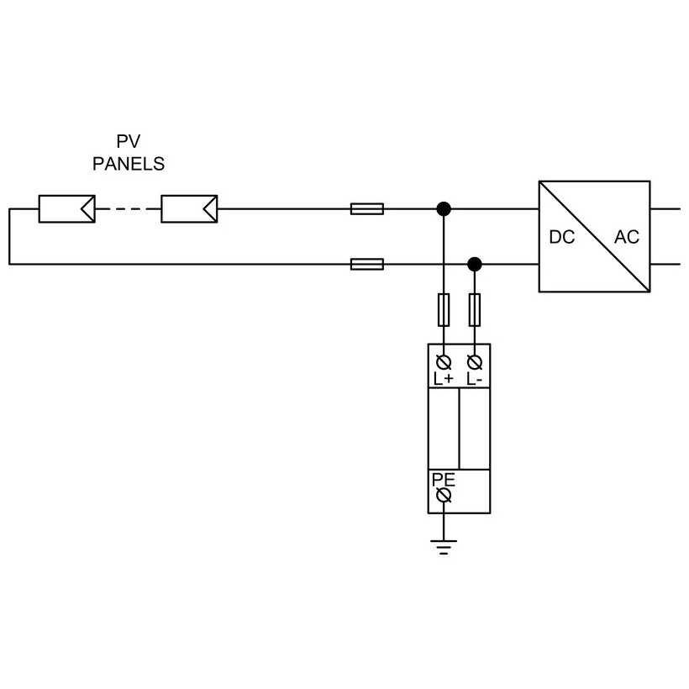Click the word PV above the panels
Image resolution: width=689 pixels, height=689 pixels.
129,142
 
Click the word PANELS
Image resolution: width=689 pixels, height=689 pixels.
129,164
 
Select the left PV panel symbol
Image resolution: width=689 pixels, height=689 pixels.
66,208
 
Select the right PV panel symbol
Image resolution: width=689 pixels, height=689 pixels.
189,208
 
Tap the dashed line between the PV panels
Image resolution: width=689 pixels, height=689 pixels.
128,208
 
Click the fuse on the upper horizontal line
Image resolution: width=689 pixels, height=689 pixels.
367,208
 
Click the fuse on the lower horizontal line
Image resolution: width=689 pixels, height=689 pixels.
367,264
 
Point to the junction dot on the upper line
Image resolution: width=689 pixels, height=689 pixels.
444,208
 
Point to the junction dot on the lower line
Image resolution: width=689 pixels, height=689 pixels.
475,264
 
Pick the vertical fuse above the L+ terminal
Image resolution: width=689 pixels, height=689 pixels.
444,309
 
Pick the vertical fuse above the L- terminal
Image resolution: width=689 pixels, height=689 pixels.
475,309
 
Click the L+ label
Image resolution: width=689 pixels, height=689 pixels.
444,379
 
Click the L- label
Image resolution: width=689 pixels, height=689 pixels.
474,379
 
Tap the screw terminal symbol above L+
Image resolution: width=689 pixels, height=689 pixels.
444,362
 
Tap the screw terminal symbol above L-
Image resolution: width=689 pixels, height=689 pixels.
475,362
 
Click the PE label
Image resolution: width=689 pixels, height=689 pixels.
443,481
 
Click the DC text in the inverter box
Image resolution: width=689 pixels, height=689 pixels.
562,237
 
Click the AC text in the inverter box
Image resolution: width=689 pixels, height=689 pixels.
626,237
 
